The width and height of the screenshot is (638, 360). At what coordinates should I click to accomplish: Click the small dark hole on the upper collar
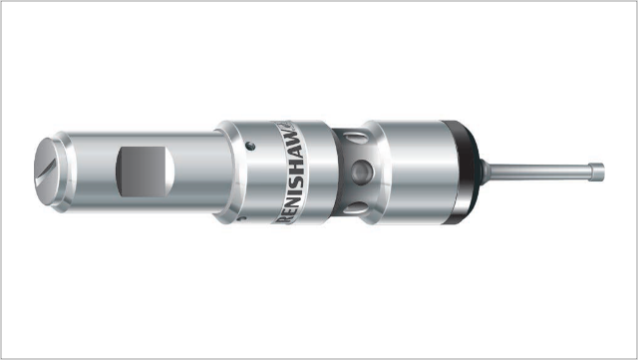point(251,146)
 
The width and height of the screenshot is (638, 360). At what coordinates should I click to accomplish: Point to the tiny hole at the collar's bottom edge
point(241,218)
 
